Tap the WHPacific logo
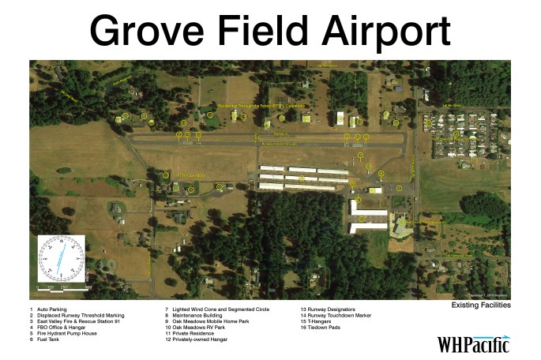pyautogui.click(x=473, y=344)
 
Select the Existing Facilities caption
pyautogui.click(x=480, y=304)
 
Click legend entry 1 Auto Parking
pyautogui.click(x=49, y=309)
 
